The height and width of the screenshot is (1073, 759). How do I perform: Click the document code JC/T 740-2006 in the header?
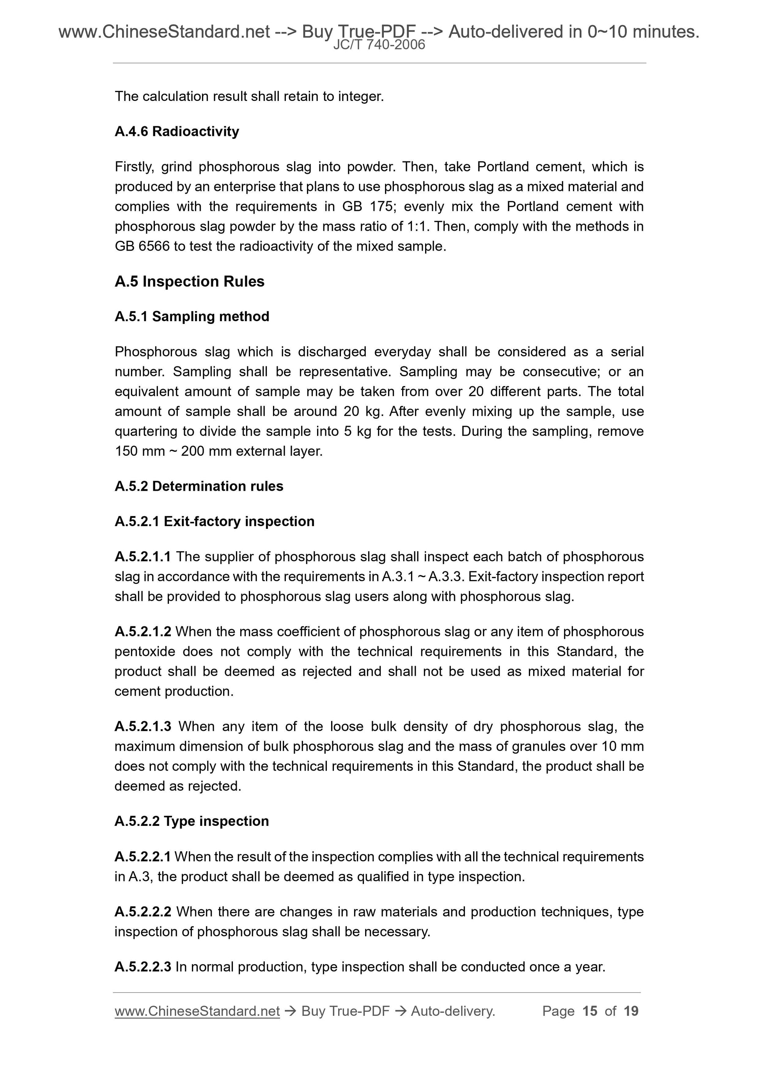[x=379, y=45]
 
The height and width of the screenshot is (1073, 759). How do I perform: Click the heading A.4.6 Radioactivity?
[x=177, y=131]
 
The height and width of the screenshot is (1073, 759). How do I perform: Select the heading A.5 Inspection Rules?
[x=190, y=281]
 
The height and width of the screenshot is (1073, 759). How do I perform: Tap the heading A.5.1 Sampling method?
[x=192, y=316]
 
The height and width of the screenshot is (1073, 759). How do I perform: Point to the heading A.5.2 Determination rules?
[x=199, y=486]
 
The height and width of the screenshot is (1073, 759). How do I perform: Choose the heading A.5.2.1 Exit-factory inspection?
[x=214, y=521]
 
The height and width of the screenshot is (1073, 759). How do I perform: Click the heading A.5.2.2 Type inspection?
[x=192, y=821]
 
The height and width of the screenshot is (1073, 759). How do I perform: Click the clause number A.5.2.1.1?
[x=143, y=557]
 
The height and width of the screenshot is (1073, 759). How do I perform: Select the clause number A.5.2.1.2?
[x=143, y=631]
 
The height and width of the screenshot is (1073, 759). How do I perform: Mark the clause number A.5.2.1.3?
[x=143, y=726]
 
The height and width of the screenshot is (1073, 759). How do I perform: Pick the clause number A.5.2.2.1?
[x=143, y=857]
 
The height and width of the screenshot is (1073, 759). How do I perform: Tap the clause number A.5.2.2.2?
[x=143, y=912]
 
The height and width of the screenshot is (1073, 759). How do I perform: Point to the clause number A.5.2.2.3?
[x=143, y=967]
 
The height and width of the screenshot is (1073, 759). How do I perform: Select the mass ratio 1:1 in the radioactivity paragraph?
[x=418, y=227]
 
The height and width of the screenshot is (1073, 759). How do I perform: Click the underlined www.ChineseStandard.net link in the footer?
[x=197, y=1011]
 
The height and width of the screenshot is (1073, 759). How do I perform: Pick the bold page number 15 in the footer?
[x=590, y=1011]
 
